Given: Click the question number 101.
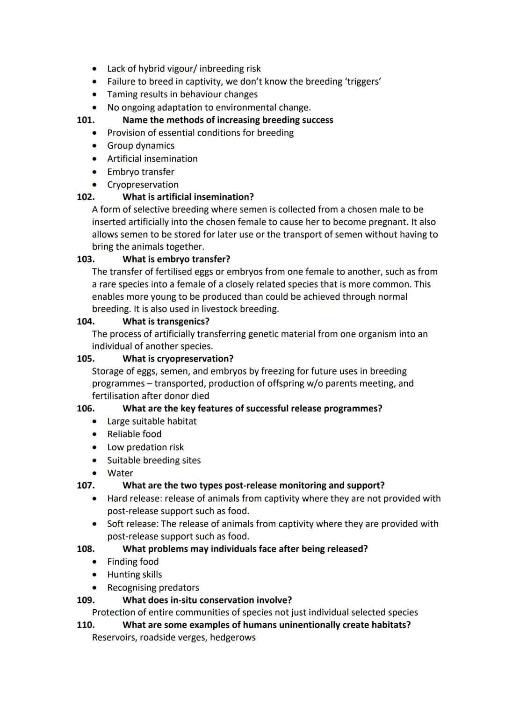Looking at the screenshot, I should (x=86, y=120).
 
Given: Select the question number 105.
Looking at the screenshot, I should (x=86, y=359).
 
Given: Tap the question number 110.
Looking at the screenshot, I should (x=86, y=625).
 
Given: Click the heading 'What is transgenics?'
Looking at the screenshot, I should (x=166, y=321).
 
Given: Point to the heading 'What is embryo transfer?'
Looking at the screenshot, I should (x=176, y=259).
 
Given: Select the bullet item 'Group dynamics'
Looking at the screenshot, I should (x=141, y=146).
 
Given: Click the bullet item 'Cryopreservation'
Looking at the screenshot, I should (x=143, y=185).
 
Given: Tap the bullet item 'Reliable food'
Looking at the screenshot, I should (x=134, y=434).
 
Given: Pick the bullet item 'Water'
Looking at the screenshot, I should (x=120, y=473).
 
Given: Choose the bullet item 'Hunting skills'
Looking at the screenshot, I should (x=135, y=575).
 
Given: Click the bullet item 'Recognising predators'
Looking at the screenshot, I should (x=153, y=588).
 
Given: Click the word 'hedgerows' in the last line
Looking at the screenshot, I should (x=233, y=637).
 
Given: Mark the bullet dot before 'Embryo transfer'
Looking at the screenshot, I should (x=95, y=172).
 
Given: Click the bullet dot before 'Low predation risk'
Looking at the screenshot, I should (x=95, y=447).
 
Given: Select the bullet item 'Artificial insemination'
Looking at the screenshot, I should (x=152, y=159).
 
